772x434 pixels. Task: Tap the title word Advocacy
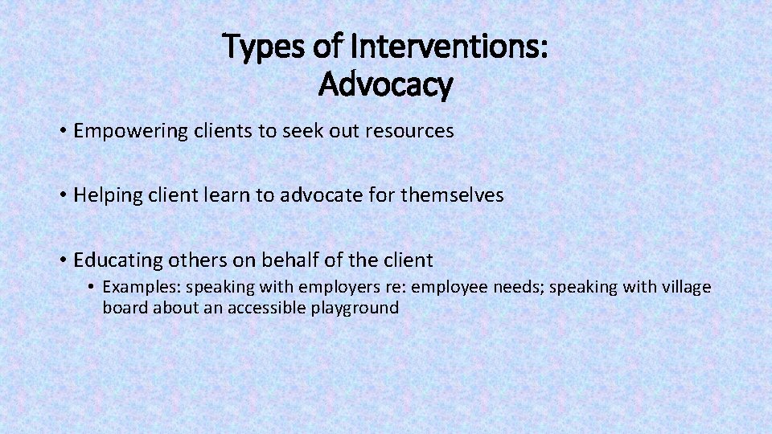386,83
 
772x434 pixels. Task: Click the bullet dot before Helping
62,195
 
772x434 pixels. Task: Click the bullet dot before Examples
92,287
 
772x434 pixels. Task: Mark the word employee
446,287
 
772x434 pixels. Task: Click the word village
687,287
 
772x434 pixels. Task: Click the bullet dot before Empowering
62,131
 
